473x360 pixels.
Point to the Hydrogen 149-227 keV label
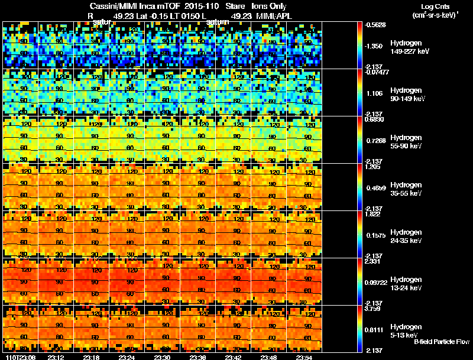click(409, 47)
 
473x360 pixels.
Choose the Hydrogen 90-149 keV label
click(409, 95)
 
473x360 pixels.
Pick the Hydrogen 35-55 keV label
click(407, 189)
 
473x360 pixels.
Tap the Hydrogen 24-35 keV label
click(407, 236)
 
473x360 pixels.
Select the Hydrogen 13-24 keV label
click(407, 283)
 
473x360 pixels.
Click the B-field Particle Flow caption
click(441, 342)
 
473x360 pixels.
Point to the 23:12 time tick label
click(56, 357)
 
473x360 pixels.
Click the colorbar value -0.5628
click(376, 25)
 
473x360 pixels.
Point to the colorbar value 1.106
click(375, 93)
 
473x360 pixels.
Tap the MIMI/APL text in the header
click(274, 16)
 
